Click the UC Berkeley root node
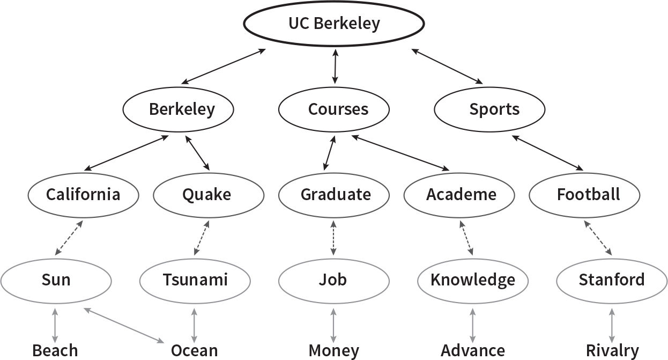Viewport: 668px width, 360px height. coord(334,24)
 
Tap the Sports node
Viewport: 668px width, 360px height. coord(489,109)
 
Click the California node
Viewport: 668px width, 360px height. coord(83,195)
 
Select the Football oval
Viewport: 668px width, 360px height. coord(584,195)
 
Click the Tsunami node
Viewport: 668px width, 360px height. coord(195,280)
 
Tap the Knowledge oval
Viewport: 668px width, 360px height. coord(473,280)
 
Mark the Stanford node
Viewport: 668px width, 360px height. coord(612,280)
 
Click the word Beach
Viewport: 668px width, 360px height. coord(55,351)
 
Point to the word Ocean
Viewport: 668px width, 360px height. coord(194,351)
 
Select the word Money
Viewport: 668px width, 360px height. coord(333,351)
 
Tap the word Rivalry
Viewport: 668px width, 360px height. coord(612,351)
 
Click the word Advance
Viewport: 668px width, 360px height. coord(473,351)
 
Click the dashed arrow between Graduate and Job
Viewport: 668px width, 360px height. coord(334,237)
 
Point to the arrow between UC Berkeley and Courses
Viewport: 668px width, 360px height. coord(336,66)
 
